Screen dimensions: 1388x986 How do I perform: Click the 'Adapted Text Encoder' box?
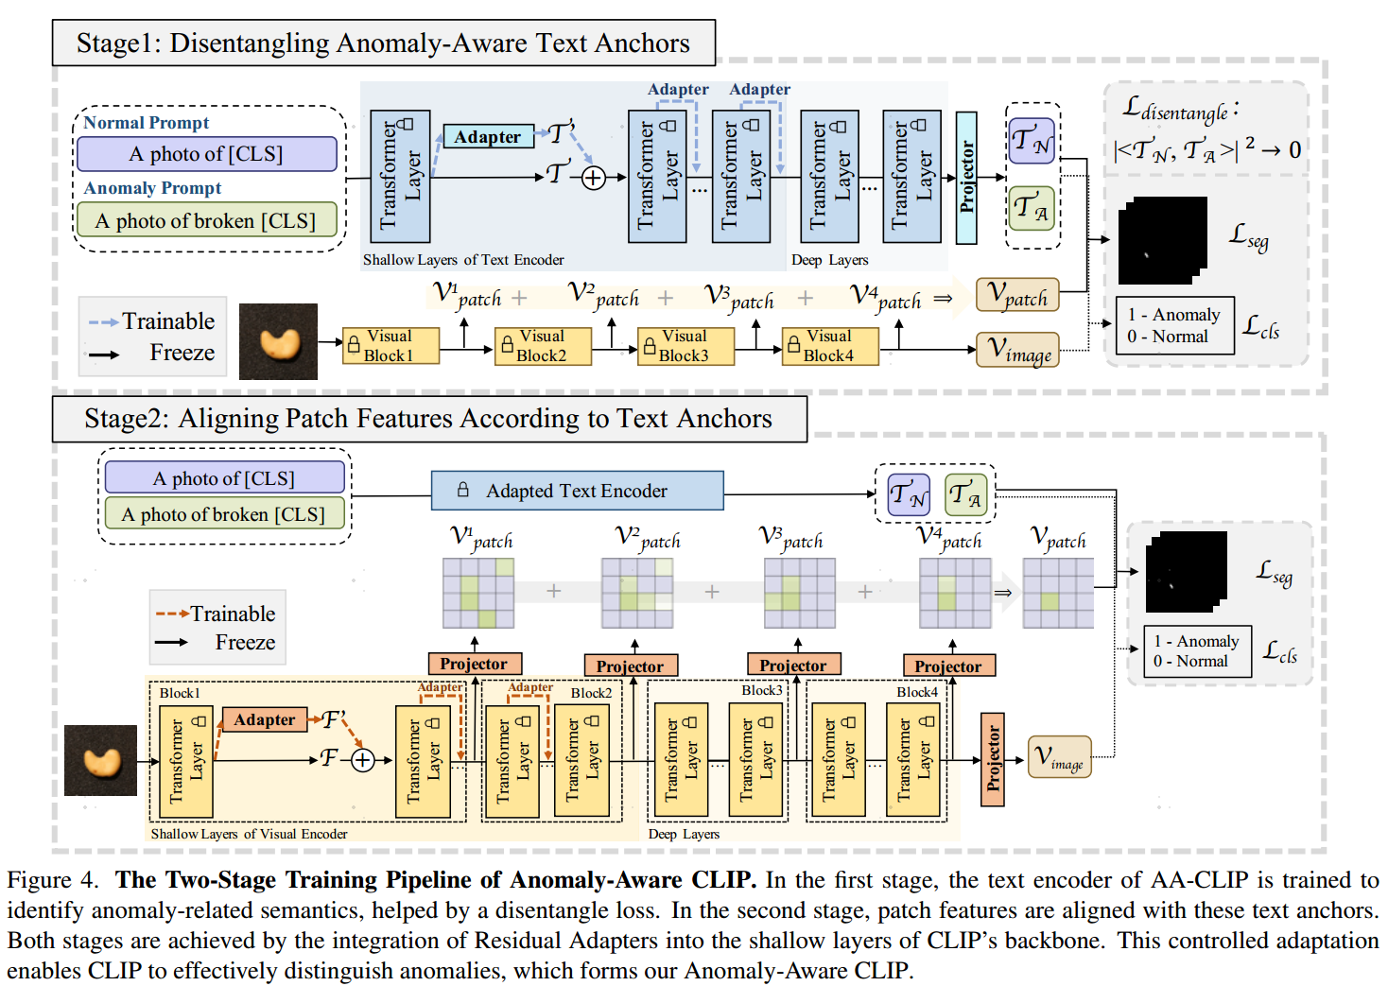point(578,491)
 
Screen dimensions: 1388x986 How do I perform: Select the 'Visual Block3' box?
point(685,346)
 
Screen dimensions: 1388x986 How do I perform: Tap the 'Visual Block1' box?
point(390,346)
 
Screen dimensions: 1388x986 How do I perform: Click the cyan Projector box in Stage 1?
point(966,178)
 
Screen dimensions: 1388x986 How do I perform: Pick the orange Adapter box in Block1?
point(265,719)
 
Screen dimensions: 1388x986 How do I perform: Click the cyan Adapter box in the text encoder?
point(488,136)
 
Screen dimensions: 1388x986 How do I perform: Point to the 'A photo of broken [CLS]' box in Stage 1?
point(207,220)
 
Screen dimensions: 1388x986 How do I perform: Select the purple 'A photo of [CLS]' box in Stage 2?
point(224,477)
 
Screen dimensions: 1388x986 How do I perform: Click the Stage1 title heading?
point(384,43)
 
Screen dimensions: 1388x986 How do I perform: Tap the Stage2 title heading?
point(429,419)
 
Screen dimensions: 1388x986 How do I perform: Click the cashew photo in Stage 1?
point(278,341)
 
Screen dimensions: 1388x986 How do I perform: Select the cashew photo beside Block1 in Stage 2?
point(100,760)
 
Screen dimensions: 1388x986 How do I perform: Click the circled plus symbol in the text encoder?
point(593,179)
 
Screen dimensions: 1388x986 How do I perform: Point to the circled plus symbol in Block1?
point(362,760)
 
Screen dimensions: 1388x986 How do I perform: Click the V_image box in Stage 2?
point(1060,756)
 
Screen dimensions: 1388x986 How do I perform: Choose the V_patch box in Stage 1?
point(1017,294)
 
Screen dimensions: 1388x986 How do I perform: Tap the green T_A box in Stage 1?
point(1032,208)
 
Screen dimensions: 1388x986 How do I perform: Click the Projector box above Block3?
point(794,665)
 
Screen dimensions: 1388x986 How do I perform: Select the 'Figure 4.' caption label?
point(53,879)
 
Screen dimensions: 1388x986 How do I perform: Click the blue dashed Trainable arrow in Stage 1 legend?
point(103,322)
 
